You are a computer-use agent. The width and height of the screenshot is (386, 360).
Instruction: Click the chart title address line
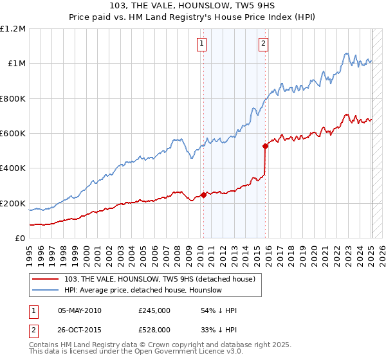[192, 7]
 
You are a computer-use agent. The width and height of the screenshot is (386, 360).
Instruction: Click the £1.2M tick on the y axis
[13, 29]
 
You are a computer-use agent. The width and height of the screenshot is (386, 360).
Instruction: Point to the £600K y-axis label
[13, 134]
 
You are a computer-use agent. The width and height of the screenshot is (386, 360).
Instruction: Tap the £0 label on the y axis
[20, 239]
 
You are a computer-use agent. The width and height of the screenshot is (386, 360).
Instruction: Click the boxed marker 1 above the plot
[202, 44]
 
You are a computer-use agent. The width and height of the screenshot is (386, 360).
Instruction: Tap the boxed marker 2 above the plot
[264, 44]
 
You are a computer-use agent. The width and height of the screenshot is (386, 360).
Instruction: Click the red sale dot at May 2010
[203, 195]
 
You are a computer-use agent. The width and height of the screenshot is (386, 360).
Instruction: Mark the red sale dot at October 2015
[265, 146]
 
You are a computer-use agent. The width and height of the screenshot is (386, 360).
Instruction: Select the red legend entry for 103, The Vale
[160, 278]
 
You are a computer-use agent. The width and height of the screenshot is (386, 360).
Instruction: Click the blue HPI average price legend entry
[143, 290]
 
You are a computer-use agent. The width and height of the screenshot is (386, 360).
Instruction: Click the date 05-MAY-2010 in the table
[79, 310]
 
